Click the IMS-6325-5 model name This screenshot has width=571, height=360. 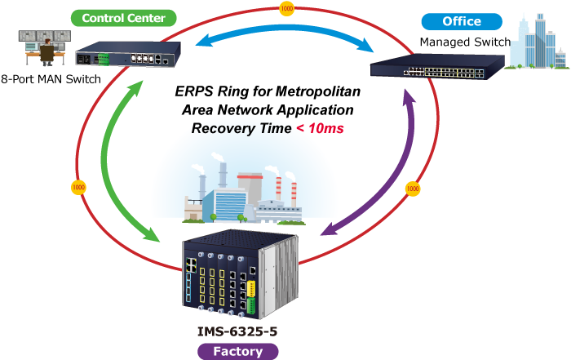pos(238,331)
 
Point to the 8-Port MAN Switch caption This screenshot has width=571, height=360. pos(51,79)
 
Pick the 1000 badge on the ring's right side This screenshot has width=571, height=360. pos(413,189)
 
